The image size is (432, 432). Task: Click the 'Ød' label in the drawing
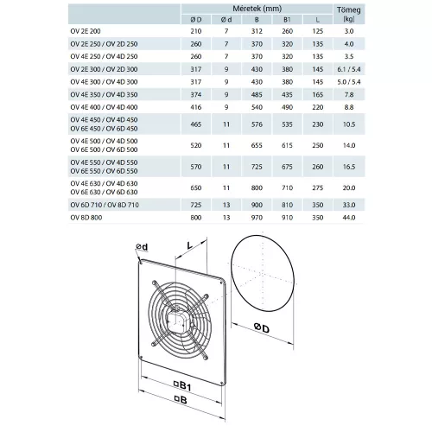[x=142, y=247]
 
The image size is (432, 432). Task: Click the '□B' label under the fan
[x=181, y=401]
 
